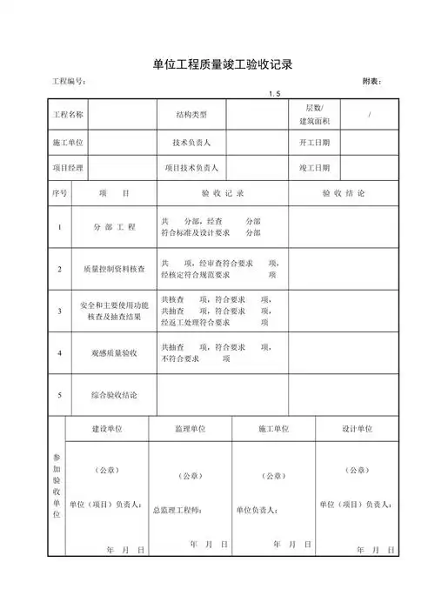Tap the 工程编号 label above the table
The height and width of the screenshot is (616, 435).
(69, 81)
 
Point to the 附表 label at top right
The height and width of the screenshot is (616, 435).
(371, 81)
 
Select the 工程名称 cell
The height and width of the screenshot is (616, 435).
(69, 115)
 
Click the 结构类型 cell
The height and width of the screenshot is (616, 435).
(191, 115)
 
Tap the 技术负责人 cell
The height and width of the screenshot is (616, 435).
(191, 142)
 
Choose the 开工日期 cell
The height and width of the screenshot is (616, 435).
(314, 142)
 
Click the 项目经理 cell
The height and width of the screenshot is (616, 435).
(69, 167)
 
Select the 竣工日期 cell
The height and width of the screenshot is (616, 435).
(314, 167)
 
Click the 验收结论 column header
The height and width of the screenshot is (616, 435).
(344, 193)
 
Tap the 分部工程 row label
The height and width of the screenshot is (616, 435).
(115, 227)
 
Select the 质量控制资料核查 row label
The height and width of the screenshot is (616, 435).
(115, 269)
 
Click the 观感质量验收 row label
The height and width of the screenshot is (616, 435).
(115, 353)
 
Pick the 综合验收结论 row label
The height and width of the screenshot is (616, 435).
(115, 395)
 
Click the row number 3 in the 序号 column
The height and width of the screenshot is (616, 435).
(59, 311)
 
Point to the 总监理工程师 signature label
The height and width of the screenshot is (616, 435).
(177, 510)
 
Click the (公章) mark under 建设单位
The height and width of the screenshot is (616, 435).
(106, 470)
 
